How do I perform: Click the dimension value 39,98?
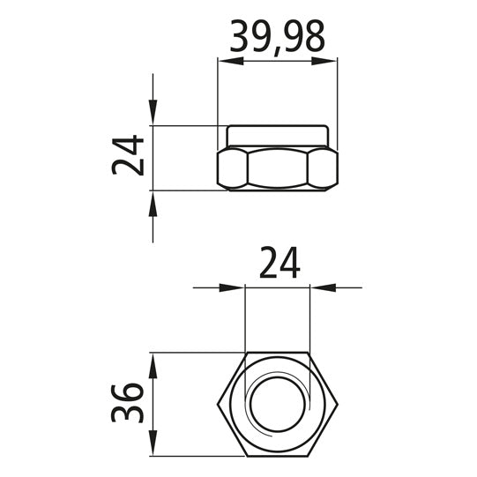[277, 36]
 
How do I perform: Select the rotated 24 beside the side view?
[130, 156]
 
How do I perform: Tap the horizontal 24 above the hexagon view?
[279, 263]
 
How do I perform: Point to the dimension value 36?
[130, 403]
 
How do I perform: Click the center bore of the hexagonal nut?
[278, 405]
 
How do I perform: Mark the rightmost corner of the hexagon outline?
[339, 405]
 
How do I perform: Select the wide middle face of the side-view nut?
[278, 168]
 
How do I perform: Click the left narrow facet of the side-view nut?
[232, 168]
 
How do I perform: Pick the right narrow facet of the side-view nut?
[324, 168]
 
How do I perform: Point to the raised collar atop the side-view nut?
[278, 136]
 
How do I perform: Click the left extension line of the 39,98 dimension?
[218, 97]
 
